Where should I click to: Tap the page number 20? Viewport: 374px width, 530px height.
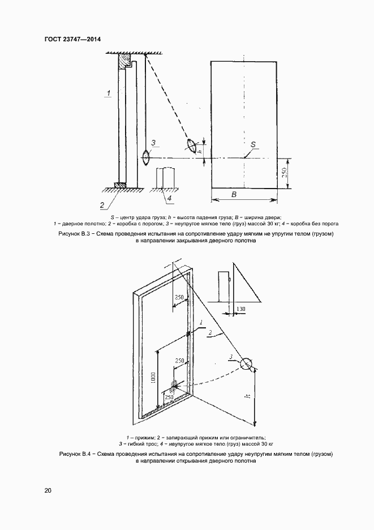[x=48, y=490]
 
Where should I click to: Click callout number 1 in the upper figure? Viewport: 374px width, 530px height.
[x=108, y=92]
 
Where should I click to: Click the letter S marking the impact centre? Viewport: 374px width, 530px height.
[x=253, y=144]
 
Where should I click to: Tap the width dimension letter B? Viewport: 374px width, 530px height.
[x=234, y=194]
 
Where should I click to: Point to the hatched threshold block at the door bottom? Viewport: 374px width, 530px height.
[x=121, y=185]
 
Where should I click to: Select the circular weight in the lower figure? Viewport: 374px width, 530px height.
[x=246, y=364]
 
